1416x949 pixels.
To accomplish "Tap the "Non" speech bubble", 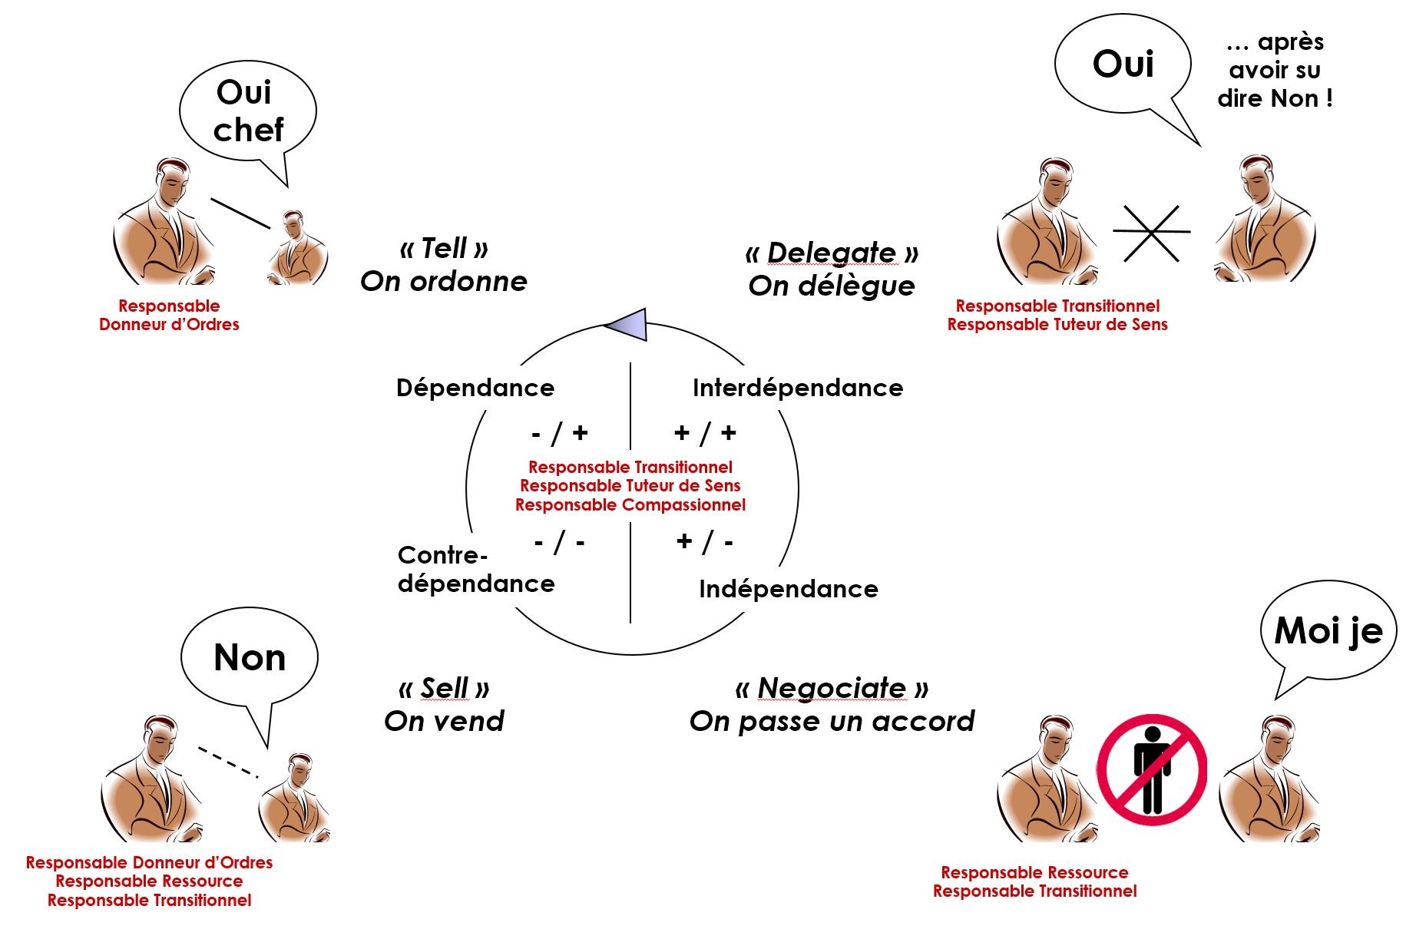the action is [250, 659].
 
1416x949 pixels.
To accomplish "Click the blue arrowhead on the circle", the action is [626, 325].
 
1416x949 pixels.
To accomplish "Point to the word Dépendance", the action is [475, 388].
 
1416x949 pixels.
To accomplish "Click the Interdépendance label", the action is [798, 388].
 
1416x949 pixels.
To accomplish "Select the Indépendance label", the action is [789, 589].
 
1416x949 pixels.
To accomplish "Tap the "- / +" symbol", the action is [560, 434].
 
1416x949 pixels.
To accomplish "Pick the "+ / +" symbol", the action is [705, 434].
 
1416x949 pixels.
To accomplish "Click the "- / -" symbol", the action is [560, 543].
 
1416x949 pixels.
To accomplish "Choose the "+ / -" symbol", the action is [705, 542].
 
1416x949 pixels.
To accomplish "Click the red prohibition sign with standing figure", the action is [1151, 770].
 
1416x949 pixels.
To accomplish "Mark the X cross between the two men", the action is [1152, 233].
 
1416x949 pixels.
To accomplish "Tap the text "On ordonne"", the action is [444, 282].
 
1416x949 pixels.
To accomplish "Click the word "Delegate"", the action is [832, 253].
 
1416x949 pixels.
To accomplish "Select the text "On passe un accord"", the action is [832, 722].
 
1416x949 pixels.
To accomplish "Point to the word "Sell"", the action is [445, 688].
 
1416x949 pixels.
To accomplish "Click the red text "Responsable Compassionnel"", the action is [630, 505].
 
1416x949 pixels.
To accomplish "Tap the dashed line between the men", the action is [228, 762].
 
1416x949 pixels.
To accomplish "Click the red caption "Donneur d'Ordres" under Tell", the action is [169, 325].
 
